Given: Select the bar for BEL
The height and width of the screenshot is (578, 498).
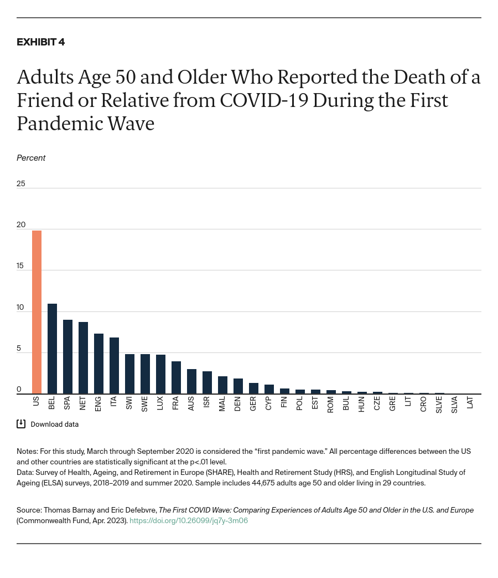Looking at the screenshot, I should (52, 349).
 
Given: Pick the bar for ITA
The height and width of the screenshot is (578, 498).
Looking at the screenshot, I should (114, 366).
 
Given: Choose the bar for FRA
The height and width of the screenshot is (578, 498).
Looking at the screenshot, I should (176, 377).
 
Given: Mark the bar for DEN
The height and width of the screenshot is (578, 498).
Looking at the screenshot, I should (238, 386).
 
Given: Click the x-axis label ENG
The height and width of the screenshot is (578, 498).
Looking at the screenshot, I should (98, 403).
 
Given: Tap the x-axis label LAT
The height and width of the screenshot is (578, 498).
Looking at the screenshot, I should (470, 403).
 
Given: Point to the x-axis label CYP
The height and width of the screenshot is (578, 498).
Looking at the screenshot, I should (269, 403).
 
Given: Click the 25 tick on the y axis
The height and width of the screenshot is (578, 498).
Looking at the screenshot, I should (21, 183).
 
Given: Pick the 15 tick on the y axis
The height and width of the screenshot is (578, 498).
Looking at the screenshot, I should (20, 266).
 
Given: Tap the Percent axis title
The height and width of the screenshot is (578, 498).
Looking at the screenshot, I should (31, 158).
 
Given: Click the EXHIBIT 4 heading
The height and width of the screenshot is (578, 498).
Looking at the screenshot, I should (40, 42).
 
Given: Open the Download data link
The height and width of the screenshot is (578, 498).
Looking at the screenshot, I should (54, 424).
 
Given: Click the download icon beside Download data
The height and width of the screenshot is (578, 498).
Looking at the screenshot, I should (21, 424).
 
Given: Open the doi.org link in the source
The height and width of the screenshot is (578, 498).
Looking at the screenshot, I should (188, 520).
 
